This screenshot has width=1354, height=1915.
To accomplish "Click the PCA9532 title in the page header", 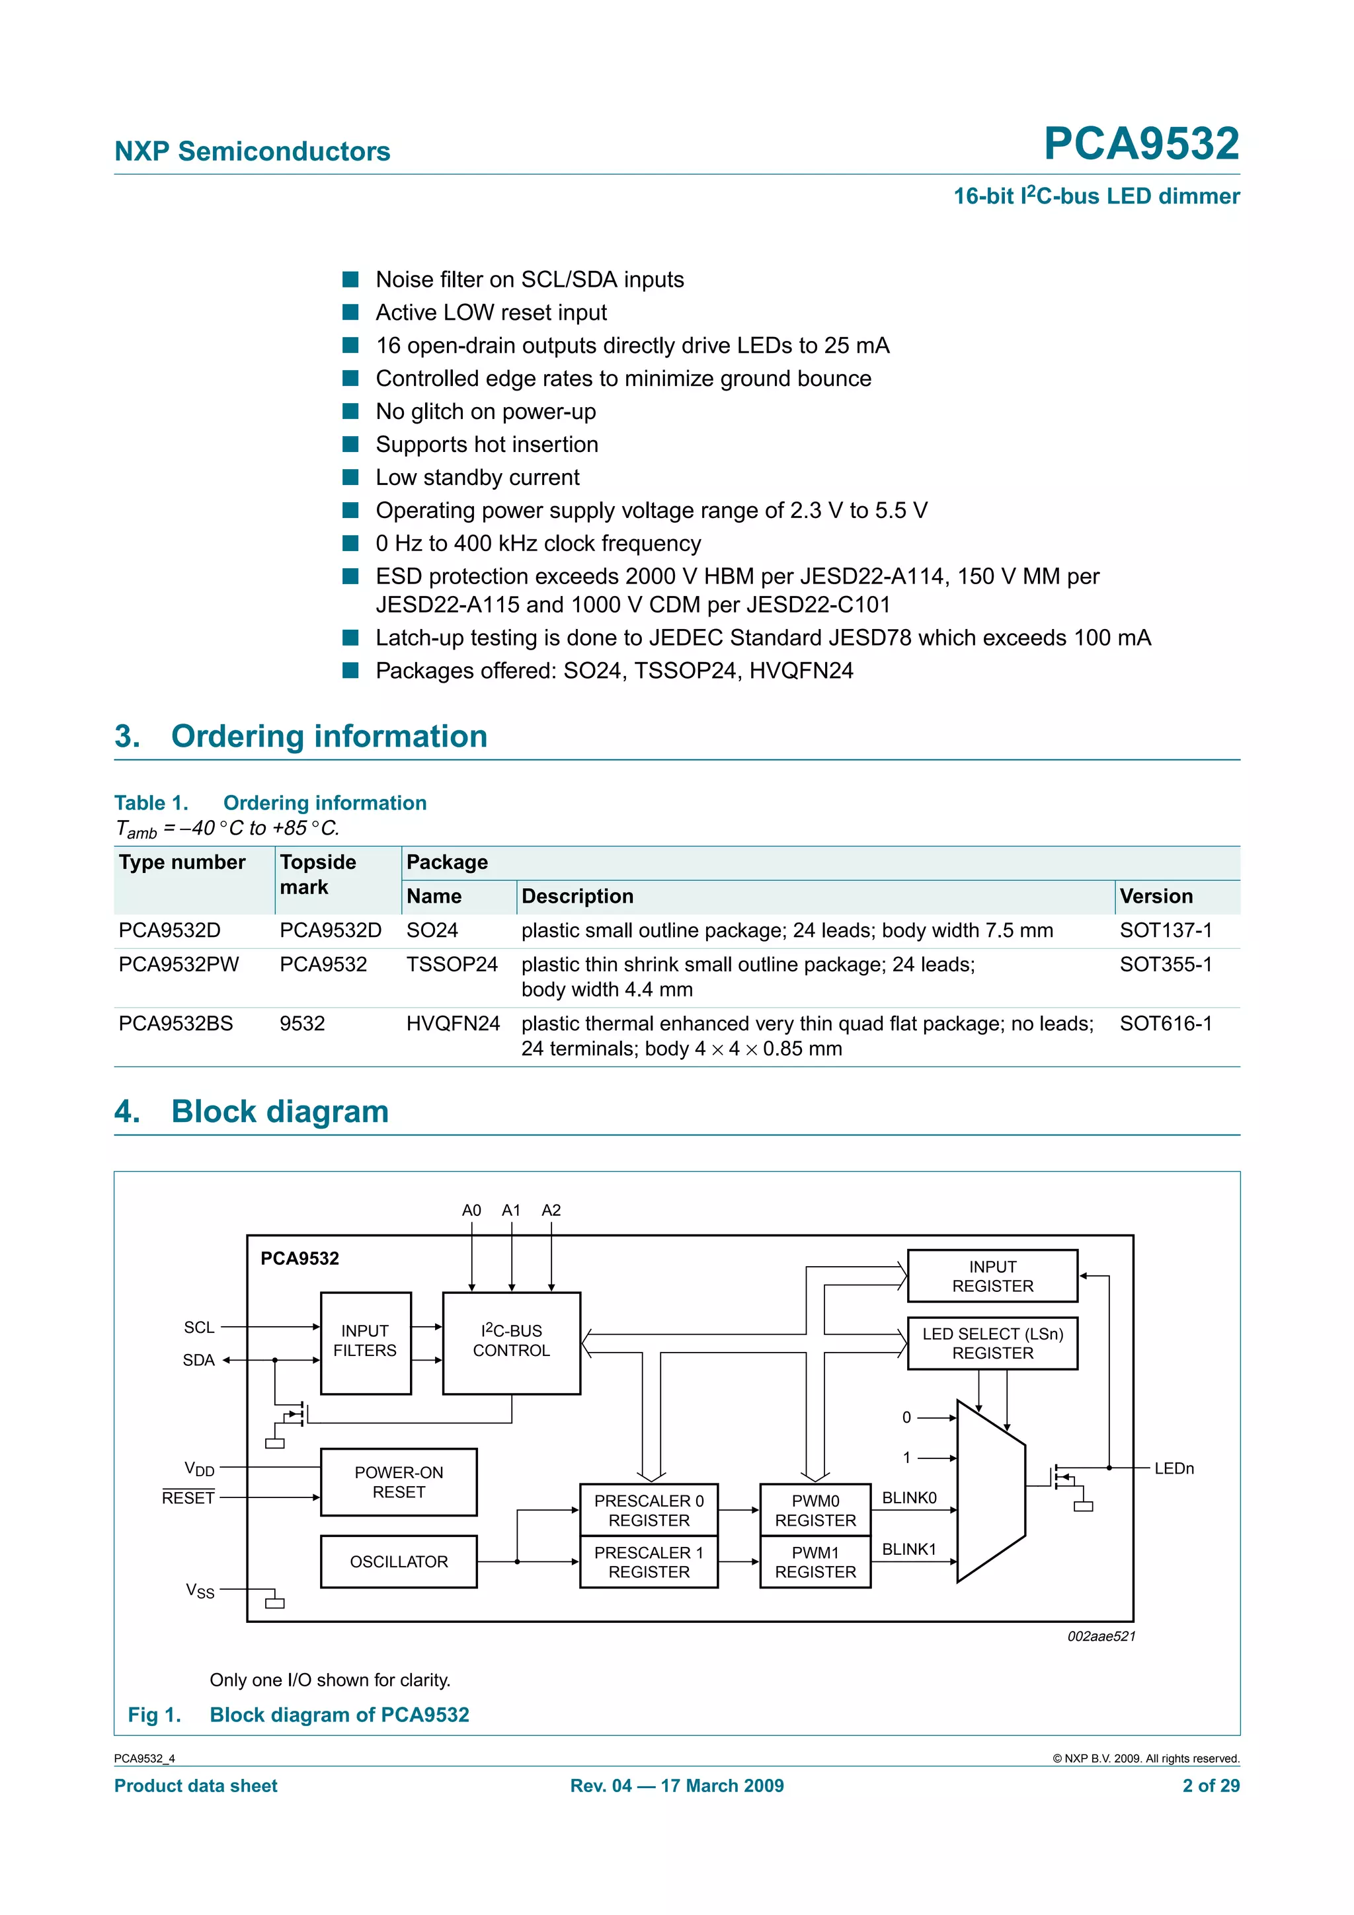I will click(x=1140, y=143).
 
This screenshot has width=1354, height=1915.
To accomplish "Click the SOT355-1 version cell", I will click(x=1165, y=964).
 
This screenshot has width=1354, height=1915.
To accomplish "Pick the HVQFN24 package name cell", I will click(x=452, y=1024).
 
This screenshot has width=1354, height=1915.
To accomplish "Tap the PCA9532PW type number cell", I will click(x=179, y=964).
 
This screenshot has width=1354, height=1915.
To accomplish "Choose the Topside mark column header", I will click(x=318, y=874).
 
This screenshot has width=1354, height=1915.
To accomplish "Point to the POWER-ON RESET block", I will click(x=399, y=1482).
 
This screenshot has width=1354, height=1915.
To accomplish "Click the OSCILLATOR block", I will click(x=399, y=1561).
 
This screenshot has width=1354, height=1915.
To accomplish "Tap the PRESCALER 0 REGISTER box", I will click(x=649, y=1510).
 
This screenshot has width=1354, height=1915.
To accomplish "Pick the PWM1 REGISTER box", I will click(x=815, y=1561).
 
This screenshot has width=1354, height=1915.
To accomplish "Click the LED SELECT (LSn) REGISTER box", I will click(x=992, y=1343).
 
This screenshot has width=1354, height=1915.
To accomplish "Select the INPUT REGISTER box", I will click(x=992, y=1276).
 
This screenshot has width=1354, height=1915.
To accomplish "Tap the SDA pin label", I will click(x=198, y=1361).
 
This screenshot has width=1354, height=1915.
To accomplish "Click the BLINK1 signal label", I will click(x=908, y=1549).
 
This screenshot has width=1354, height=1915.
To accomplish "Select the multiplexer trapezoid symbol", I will click(x=990, y=1491).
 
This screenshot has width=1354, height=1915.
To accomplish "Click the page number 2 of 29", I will click(x=1211, y=1785).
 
